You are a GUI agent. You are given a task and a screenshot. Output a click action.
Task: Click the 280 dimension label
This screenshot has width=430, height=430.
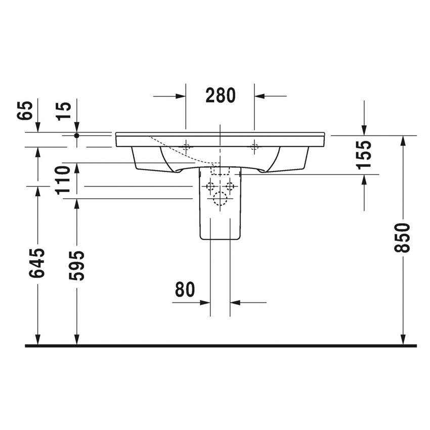[220, 95]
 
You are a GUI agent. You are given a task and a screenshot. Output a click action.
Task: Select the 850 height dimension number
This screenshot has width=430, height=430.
[403, 237]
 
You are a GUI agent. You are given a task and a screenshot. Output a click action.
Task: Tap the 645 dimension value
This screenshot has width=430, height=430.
[37, 263]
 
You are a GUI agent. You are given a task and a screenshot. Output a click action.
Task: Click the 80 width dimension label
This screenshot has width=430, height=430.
[185, 290]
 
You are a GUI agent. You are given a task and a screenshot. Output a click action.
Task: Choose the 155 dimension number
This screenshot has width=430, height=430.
[364, 154]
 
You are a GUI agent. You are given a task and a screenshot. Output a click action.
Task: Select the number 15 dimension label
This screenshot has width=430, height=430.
[65, 110]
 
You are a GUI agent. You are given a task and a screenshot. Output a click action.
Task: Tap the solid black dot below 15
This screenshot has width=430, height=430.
[77, 136]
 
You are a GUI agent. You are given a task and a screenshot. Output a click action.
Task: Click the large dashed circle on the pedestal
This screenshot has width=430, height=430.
[221, 199]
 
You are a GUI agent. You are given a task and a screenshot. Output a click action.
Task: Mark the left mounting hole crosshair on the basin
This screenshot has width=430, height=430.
[186, 148]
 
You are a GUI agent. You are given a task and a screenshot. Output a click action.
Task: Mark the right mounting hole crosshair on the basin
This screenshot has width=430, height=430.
[254, 148]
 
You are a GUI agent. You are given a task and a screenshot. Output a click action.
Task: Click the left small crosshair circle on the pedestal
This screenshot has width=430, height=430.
[209, 186]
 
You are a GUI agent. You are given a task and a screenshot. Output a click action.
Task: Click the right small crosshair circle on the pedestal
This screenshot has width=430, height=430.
[231, 186]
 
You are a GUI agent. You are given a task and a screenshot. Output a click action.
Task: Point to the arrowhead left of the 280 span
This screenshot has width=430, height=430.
[180, 96]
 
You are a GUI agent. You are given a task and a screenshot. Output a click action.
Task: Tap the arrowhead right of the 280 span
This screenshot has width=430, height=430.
[260, 96]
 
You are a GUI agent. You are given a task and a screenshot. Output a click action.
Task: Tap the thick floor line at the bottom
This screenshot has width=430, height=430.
[221, 346]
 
